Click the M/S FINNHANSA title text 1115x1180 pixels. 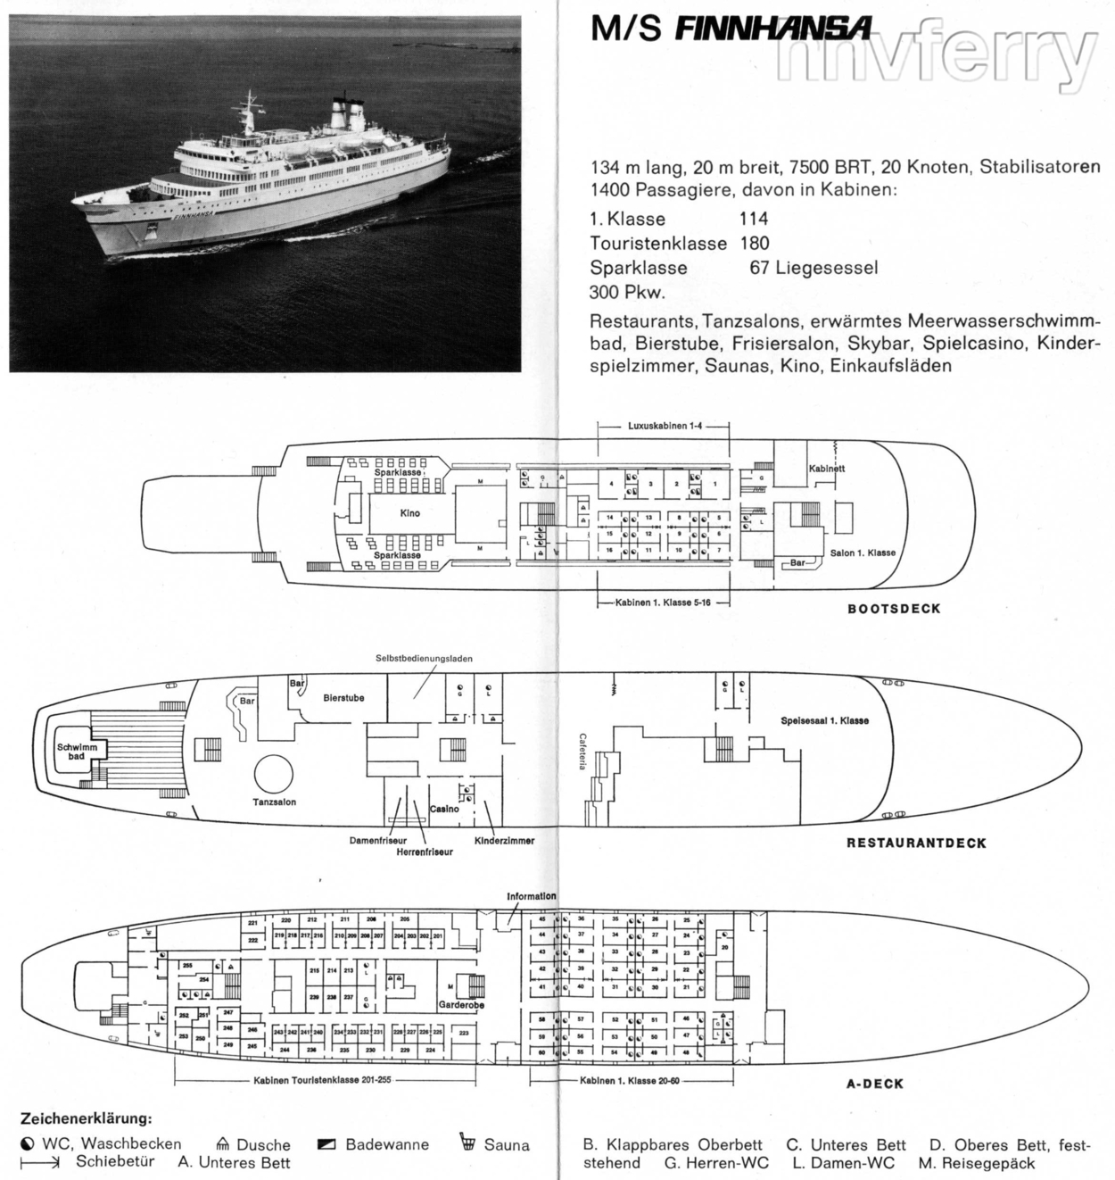(731, 29)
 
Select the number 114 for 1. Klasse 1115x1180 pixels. (754, 219)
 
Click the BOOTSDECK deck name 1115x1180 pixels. (893, 609)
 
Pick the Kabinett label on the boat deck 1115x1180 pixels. (827, 469)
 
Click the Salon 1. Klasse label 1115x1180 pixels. (863, 553)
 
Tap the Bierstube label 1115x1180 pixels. (343, 698)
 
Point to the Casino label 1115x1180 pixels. (444, 809)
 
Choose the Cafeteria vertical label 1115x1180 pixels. (582, 752)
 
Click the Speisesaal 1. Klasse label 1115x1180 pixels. (824, 720)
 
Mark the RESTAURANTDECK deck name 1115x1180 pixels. (916, 843)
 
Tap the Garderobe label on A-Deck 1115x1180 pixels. (460, 1004)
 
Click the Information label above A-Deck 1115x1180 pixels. (531, 896)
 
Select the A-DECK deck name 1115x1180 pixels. (874, 1084)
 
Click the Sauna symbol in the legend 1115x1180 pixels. (467, 1143)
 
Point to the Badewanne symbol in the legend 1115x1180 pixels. (326, 1144)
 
